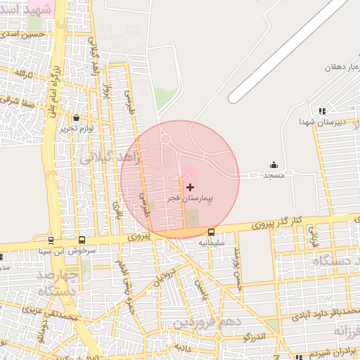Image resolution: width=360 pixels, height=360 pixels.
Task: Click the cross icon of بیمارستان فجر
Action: pos(190,187)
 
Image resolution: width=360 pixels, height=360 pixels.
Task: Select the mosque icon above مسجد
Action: pos(273,165)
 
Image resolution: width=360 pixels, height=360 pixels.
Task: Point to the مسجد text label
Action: pos(273,175)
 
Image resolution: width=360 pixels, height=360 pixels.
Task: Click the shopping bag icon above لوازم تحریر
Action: pos(75,118)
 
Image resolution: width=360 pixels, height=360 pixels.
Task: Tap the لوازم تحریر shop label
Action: pos(76,129)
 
